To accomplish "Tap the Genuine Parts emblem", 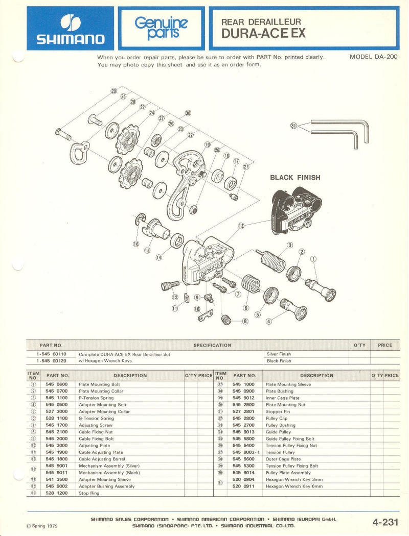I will coord(162,28).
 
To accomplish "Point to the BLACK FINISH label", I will coord(295,178).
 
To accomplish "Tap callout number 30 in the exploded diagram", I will coord(188,113).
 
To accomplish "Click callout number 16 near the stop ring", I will coord(136,244).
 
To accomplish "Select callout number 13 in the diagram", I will coord(242,225).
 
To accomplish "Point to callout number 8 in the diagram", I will coord(245,321).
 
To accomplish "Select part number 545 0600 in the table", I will coord(56,384).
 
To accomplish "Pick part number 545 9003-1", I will coord(246,453).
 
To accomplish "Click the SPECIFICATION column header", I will coord(212,345).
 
